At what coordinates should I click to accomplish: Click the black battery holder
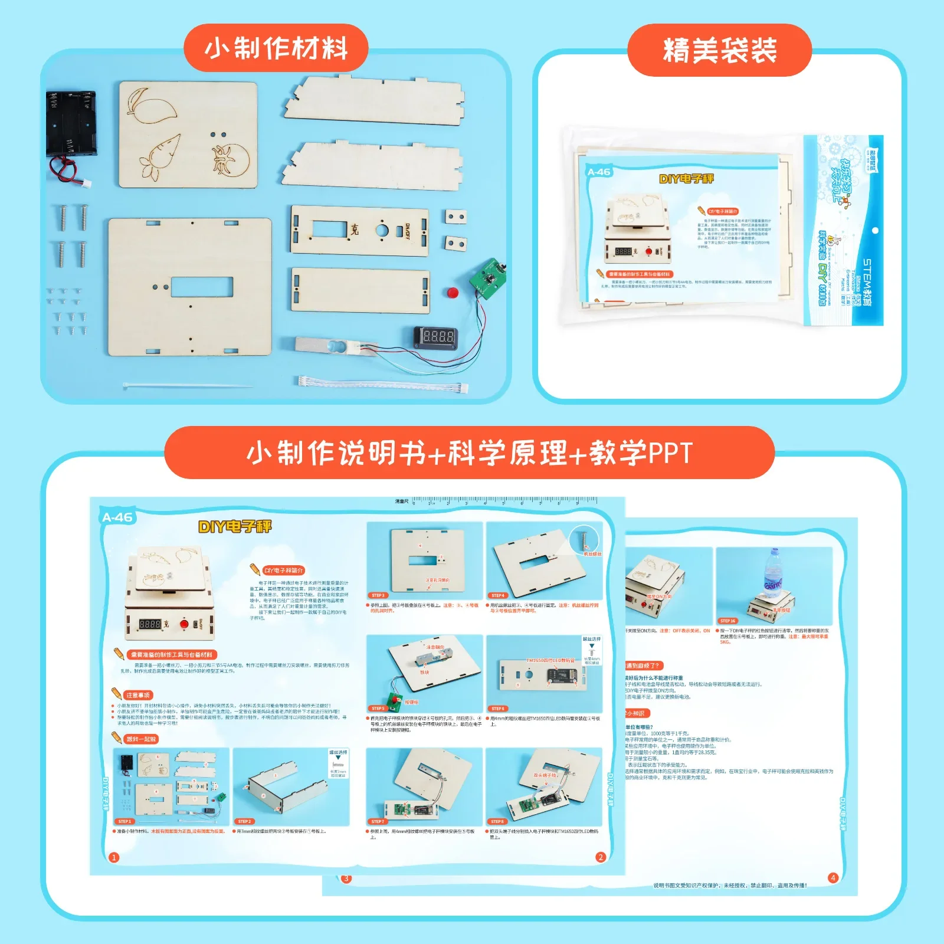(71, 124)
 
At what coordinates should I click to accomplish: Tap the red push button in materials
(453, 293)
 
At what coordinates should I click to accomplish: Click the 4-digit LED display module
(435, 337)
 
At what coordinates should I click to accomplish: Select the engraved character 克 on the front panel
(354, 230)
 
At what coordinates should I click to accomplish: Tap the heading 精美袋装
(719, 50)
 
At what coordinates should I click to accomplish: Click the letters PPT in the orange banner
(670, 453)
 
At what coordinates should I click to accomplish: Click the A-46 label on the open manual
(117, 517)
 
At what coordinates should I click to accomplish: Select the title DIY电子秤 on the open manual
(235, 526)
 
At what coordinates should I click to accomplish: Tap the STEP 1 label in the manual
(125, 821)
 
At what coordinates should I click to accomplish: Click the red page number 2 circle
(601, 857)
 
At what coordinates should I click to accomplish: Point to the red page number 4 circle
(832, 877)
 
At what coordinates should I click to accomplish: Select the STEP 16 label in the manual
(727, 621)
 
